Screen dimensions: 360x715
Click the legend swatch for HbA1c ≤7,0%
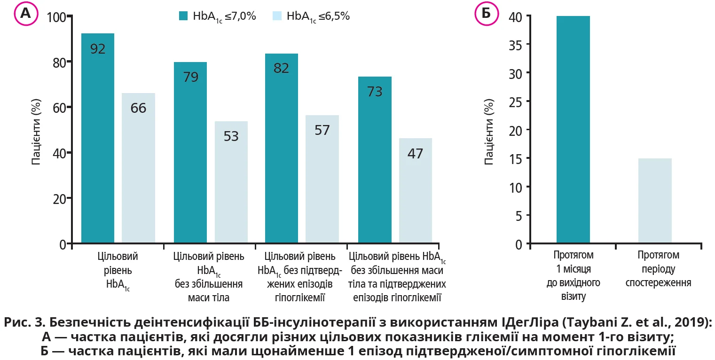183,16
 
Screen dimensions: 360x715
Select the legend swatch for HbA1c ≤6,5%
277,16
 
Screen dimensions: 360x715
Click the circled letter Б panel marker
486,14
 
